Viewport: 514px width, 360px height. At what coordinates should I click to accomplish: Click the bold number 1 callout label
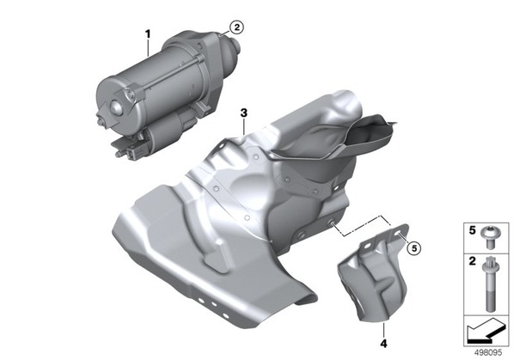pos(148,34)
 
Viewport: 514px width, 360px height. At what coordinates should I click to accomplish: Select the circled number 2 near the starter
pos(236,27)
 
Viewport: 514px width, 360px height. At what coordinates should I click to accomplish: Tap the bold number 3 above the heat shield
pos(243,113)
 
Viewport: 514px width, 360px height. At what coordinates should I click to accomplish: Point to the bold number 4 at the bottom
pos(383,344)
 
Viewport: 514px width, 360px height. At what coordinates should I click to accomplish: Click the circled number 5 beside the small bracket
pos(414,248)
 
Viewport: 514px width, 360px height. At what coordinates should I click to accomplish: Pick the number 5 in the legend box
pos(472,230)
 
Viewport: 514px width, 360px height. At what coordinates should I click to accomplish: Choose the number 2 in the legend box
pos(472,261)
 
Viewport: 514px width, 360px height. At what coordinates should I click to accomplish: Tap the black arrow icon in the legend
pos(486,331)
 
